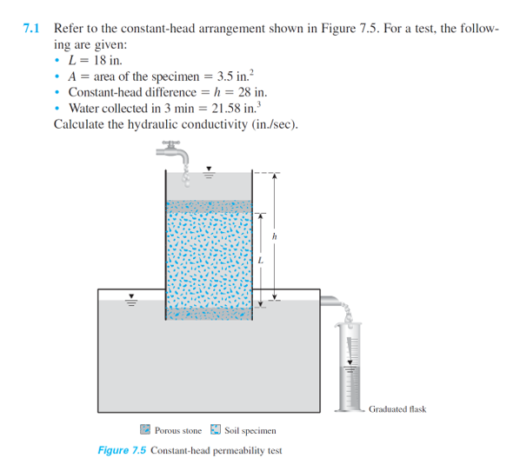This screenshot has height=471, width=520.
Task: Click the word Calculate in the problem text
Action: point(81,123)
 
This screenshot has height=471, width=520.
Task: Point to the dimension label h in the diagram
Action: point(275,235)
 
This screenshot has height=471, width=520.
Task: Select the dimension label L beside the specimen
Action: point(259,260)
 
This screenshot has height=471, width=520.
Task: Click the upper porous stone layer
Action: point(208,207)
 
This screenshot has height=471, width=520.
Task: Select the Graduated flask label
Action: point(397,408)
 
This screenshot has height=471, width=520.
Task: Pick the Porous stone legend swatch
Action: point(145,429)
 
